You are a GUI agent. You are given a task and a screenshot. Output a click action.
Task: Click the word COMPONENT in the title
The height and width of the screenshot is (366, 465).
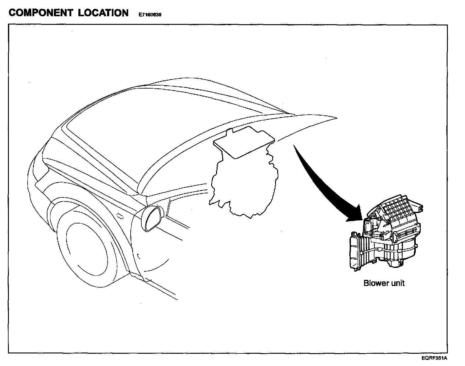(x=41, y=13)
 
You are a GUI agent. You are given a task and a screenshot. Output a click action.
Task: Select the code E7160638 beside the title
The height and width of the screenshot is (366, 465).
(x=150, y=14)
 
